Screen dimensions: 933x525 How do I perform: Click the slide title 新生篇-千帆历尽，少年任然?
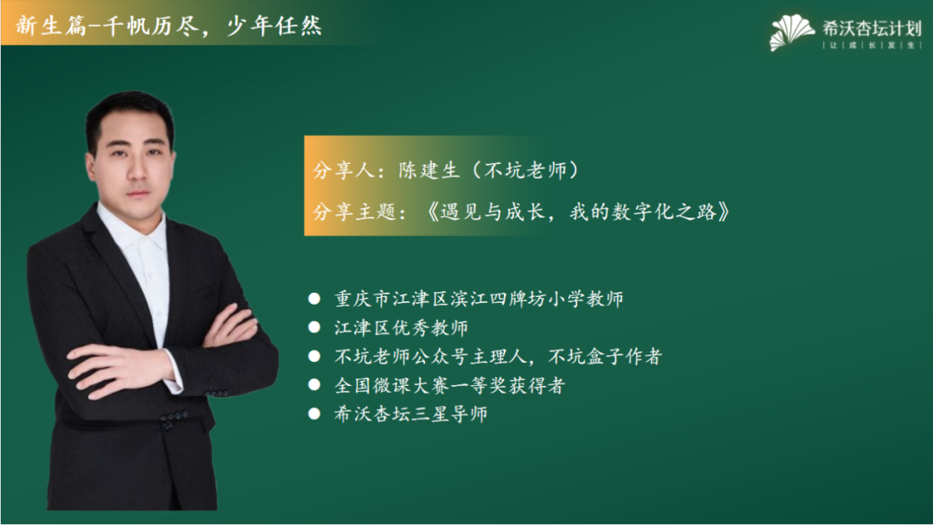point(169,26)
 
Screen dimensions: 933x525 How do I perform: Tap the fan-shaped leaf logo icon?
point(791,32)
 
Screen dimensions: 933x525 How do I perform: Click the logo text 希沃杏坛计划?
point(872,28)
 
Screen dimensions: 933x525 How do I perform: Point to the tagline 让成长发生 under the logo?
point(872,45)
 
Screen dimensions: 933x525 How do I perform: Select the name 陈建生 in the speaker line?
point(429,170)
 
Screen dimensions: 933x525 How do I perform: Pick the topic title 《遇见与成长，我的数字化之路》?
point(578,211)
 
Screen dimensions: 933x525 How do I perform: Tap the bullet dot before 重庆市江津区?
point(314,299)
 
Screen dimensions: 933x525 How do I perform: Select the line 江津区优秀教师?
point(401,327)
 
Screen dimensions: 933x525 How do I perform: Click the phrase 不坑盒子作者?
point(605,356)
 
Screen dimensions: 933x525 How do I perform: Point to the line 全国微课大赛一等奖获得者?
point(449,385)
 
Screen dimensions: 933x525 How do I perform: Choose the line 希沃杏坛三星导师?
point(410,414)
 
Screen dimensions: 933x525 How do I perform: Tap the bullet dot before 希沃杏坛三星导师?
point(314,414)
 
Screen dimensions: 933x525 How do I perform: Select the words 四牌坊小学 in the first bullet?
point(538,299)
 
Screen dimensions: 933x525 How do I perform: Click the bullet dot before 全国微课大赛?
point(314,385)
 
